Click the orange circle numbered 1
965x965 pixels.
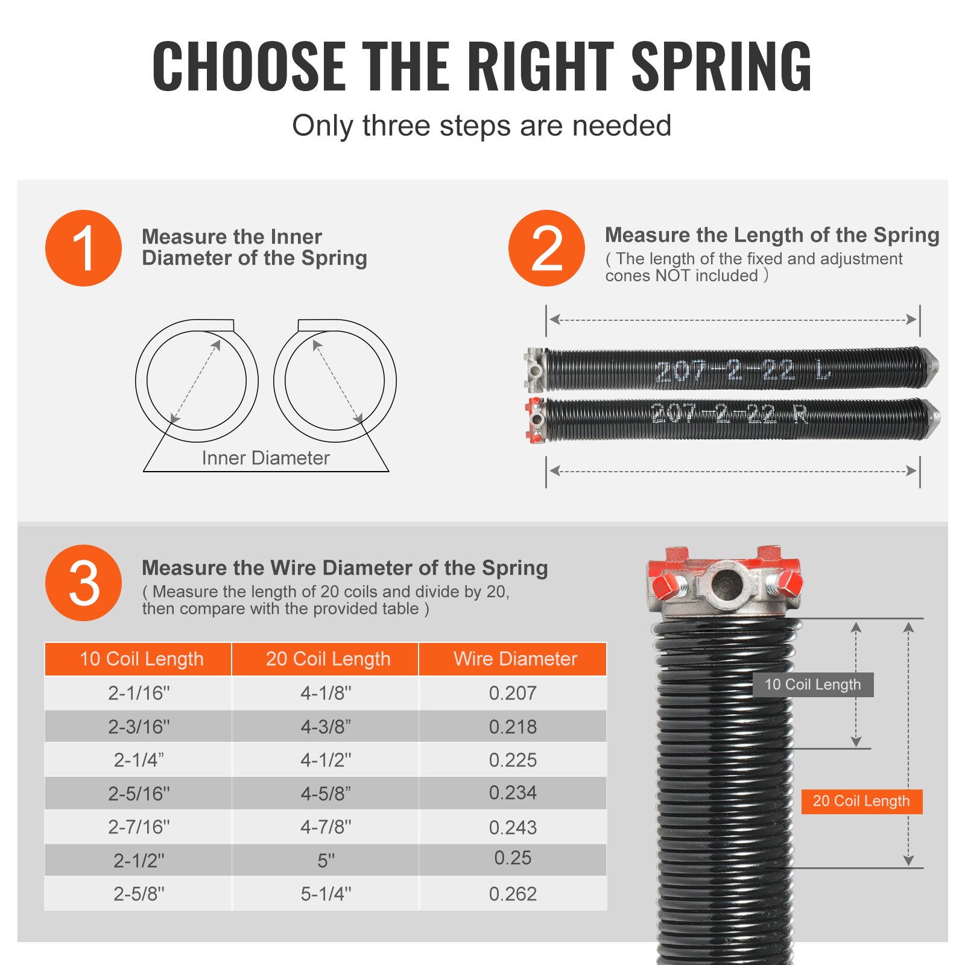83,248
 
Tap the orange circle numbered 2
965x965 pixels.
546,248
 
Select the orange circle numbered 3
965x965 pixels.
83,583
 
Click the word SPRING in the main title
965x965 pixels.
721,66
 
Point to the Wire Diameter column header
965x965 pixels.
515,659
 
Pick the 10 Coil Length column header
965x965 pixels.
141,659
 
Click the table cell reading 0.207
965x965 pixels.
513,693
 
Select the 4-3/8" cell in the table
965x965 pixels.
326,727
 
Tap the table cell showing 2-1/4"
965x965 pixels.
139,760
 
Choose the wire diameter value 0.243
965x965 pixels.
513,827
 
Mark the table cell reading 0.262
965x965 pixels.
513,894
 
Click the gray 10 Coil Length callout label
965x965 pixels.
812,685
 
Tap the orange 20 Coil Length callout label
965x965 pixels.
861,801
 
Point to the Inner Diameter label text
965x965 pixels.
265,458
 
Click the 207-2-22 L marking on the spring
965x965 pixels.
742,370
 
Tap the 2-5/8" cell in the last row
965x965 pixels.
139,894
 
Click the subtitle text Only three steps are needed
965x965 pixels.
481,126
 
